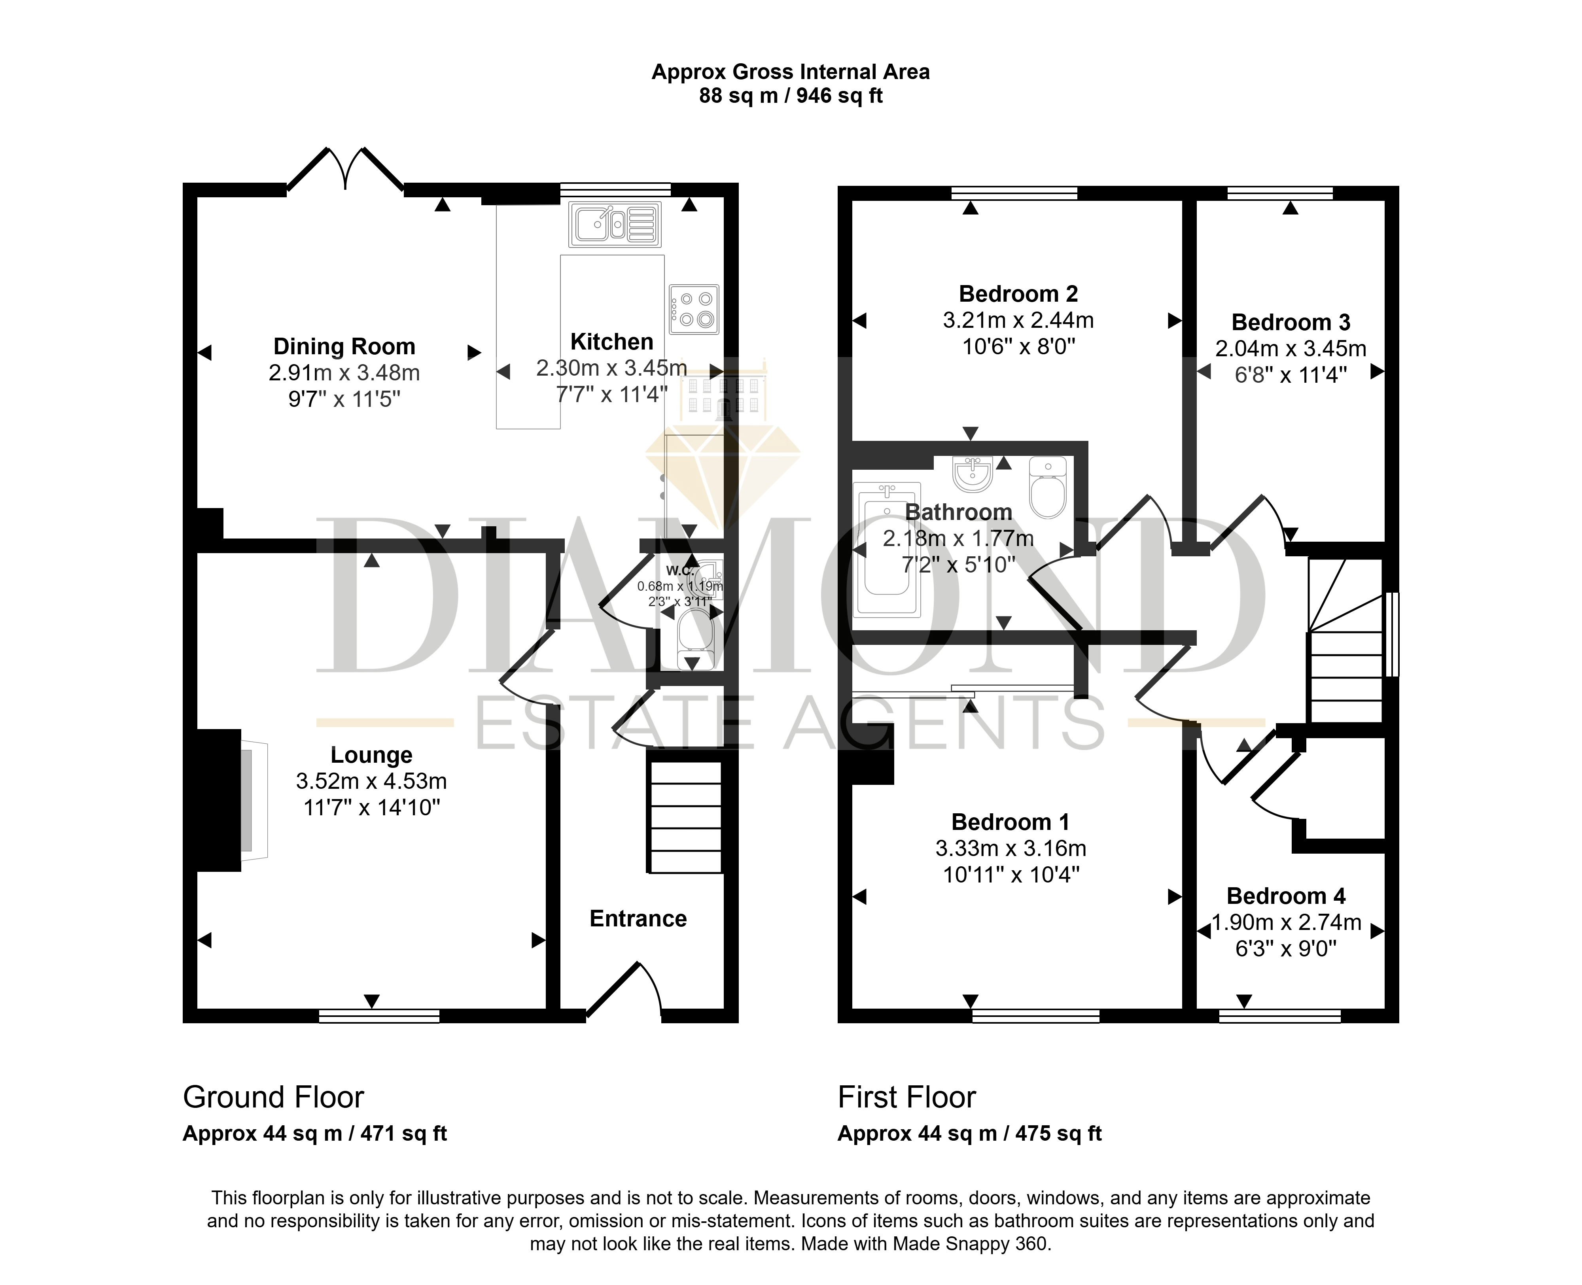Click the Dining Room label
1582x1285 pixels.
[344, 346]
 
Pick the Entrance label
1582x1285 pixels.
[638, 918]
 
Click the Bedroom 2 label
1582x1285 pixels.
[1019, 294]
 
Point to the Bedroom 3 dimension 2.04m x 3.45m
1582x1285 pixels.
[1291, 349]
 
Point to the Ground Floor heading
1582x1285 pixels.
[273, 1097]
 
